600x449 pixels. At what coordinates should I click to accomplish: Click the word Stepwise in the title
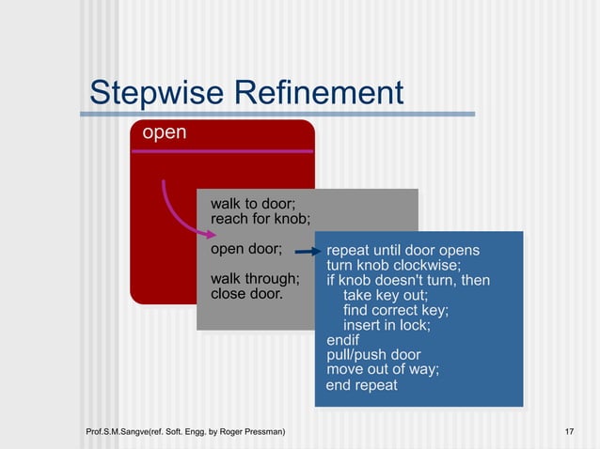[156, 93]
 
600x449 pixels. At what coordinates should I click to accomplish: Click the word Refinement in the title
[319, 93]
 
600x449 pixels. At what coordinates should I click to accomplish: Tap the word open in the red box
[164, 132]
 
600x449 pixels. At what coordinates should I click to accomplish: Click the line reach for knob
[261, 220]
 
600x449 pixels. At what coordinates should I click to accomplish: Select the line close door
[246, 293]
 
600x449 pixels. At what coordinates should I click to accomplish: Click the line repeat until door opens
[403, 251]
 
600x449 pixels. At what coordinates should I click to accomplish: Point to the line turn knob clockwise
[393, 266]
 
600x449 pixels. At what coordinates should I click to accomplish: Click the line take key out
[386, 295]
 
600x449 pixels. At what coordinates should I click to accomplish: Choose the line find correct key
[396, 310]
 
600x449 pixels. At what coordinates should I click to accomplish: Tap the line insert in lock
[387, 325]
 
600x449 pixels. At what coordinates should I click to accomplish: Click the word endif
[342, 340]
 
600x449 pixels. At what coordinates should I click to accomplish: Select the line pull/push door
[373, 355]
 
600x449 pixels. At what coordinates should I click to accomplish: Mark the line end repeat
[362, 385]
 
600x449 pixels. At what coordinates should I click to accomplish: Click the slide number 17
[569, 431]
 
